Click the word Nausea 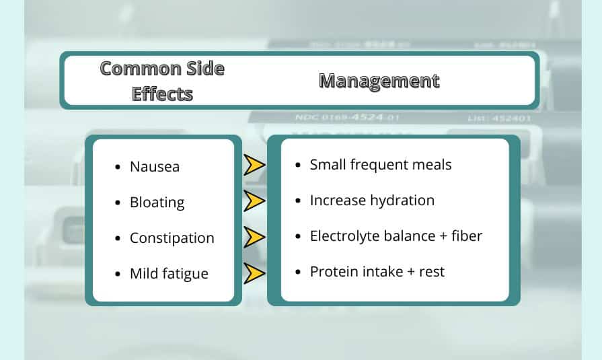click(x=155, y=167)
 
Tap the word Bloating click(x=157, y=203)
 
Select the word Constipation click(x=172, y=238)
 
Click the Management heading click(x=379, y=81)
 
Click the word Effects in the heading click(x=162, y=94)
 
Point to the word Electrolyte click(x=344, y=236)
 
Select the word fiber click(x=467, y=236)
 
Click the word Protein click(x=332, y=272)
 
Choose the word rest click(x=432, y=273)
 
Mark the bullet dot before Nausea click(x=118, y=167)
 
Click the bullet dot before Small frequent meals click(x=298, y=165)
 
